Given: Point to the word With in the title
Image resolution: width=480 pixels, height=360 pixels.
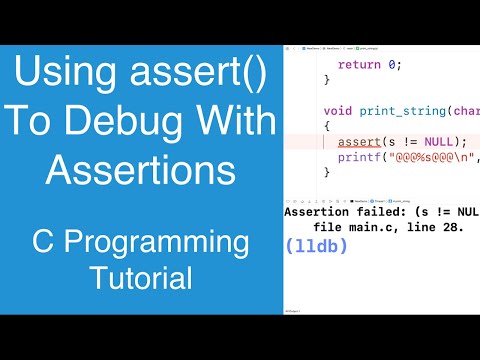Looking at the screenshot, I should [227, 121].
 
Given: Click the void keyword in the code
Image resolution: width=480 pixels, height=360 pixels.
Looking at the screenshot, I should [340, 110].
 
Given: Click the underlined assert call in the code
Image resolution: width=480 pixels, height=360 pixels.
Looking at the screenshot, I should [359, 141].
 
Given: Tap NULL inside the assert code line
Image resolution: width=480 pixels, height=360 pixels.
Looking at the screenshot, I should [440, 141].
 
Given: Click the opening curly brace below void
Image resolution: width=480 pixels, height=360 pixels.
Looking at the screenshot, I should [326, 126].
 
